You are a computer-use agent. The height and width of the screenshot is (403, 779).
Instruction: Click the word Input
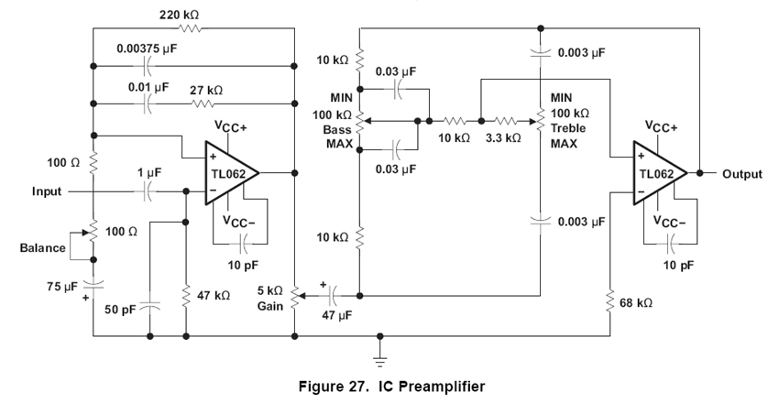pyautogui.click(x=49, y=191)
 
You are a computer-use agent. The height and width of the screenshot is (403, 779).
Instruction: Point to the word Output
pyautogui.click(x=741, y=173)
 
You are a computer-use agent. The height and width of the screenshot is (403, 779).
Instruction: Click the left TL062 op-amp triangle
pyautogui.click(x=225, y=172)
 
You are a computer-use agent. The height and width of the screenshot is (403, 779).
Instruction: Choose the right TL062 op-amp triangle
pyautogui.click(x=654, y=173)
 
